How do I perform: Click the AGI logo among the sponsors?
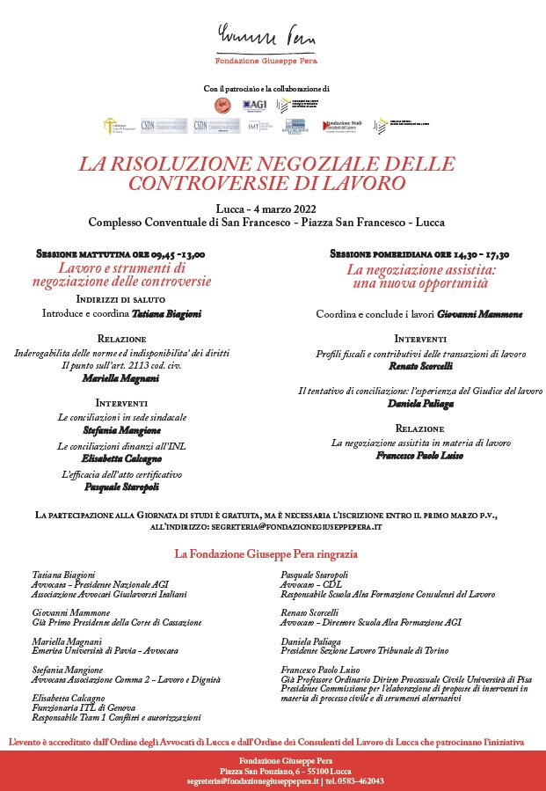[255, 106]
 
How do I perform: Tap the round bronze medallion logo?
[223, 106]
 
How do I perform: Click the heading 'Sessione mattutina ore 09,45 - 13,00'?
[120, 253]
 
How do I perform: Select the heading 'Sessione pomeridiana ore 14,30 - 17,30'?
[419, 253]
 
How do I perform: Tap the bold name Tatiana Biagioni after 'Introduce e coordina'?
[167, 313]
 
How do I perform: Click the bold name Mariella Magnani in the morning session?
[121, 377]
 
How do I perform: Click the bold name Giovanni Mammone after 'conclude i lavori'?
[480, 314]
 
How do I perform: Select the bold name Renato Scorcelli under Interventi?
[420, 365]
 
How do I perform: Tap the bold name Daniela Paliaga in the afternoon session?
[420, 404]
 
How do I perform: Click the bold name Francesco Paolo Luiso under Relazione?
[420, 456]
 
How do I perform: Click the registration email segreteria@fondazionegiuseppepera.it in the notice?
[296, 525]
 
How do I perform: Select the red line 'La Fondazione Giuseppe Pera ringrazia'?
[266, 554]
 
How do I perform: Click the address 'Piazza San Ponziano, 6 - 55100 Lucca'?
[273, 770]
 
